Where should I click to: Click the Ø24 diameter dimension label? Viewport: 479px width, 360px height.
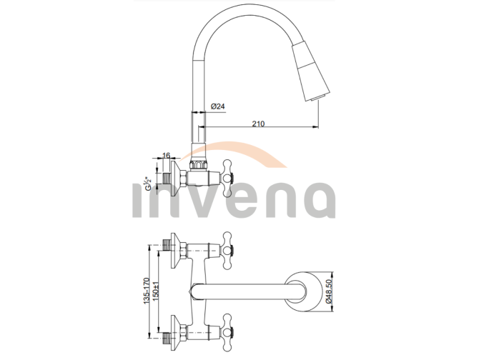pyautogui.click(x=218, y=106)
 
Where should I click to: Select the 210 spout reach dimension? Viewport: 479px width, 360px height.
pyautogui.click(x=259, y=124)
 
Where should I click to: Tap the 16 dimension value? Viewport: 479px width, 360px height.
pyautogui.click(x=167, y=154)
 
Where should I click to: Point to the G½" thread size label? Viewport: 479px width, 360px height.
pyautogui.click(x=148, y=184)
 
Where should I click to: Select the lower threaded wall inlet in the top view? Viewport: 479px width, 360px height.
pyautogui.click(x=170, y=330)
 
